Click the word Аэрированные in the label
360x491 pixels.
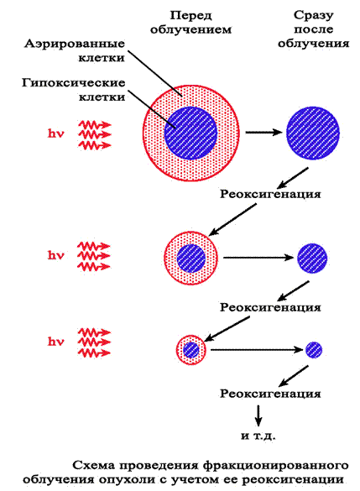[75, 44]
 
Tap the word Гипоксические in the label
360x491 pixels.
[74, 83]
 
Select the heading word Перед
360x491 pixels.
[190, 16]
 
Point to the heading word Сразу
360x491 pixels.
[313, 15]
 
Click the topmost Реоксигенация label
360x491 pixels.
[270, 194]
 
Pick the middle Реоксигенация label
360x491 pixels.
[270, 307]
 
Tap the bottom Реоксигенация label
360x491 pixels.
[270, 394]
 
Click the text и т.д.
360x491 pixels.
[258, 436]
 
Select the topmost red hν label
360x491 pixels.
[56, 133]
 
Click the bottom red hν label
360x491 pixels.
[56, 342]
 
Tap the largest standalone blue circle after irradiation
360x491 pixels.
[313, 133]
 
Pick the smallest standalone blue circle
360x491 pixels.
[314, 350]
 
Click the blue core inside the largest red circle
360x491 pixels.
[191, 133]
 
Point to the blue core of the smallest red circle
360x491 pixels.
[191, 350]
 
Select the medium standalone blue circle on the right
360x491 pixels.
[312, 258]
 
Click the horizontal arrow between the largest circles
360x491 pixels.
[263, 133]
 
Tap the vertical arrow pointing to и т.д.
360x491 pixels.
[258, 415]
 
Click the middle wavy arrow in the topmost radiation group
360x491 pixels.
[94, 134]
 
